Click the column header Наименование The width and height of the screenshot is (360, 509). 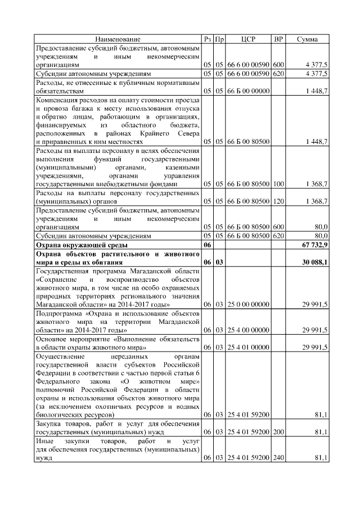coord(118,39)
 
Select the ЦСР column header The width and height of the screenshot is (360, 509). coord(248,39)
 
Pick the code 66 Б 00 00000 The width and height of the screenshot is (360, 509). coord(248,90)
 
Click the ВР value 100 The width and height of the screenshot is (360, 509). coord(278,184)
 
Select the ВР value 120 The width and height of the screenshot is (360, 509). coord(278,201)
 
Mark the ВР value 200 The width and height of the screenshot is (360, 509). coord(278,432)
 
